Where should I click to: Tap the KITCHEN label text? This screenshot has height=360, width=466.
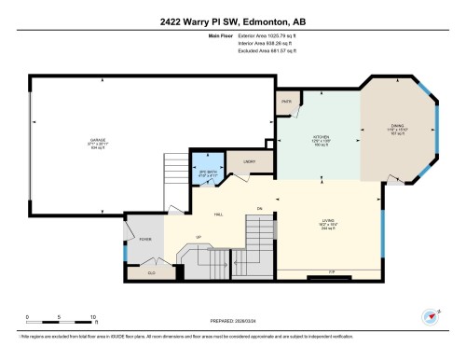[x=321, y=137]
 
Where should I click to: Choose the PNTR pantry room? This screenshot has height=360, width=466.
[x=286, y=101]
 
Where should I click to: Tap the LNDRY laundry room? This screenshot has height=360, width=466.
[x=249, y=163]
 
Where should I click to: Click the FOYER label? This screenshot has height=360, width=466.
[x=145, y=240]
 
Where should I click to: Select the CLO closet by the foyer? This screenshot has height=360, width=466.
[x=152, y=272]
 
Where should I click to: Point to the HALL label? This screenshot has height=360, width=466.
[x=217, y=215]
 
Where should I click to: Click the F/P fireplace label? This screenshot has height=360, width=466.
[x=331, y=272]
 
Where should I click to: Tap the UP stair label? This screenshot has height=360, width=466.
[x=198, y=236]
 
